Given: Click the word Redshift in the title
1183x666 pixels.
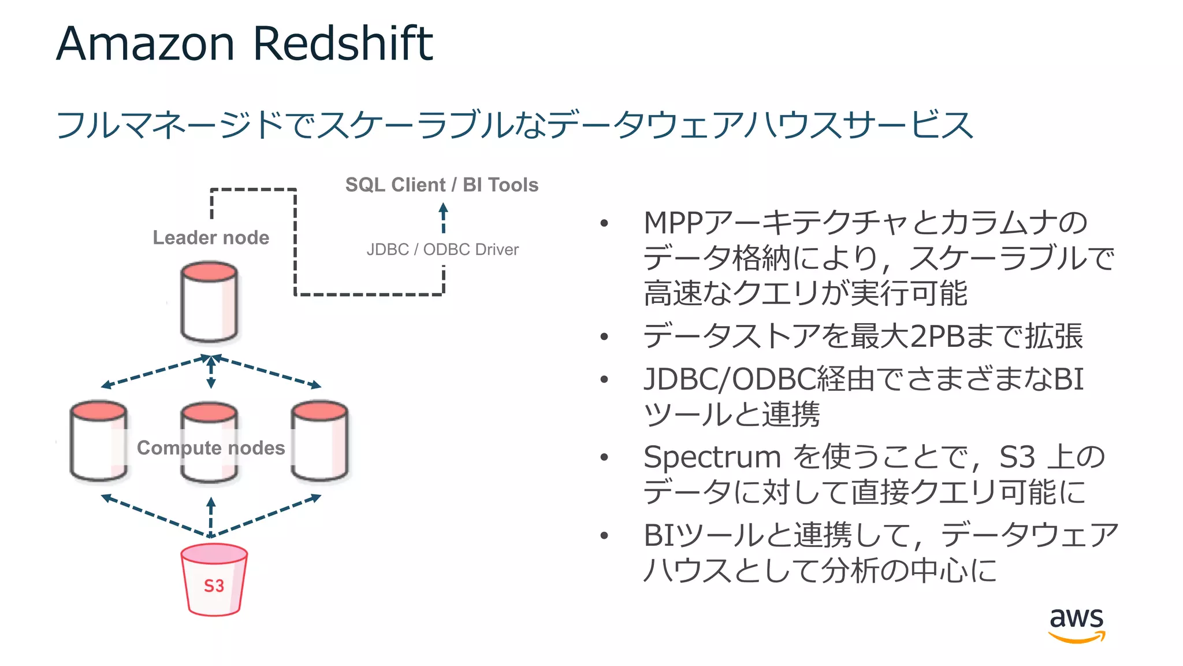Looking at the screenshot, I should (x=343, y=43).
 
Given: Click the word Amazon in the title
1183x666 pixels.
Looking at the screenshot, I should (x=145, y=43).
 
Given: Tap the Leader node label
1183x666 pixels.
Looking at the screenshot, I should (x=211, y=238).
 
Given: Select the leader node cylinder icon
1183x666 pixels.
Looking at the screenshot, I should (x=209, y=302).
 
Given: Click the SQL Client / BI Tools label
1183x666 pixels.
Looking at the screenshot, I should (x=442, y=185).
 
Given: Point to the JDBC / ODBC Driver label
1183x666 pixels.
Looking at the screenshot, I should (x=442, y=250).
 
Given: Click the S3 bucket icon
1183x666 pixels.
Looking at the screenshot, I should (x=214, y=580).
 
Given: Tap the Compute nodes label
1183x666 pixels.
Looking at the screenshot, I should (x=211, y=447).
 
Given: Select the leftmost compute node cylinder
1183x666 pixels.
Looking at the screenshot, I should (x=98, y=441).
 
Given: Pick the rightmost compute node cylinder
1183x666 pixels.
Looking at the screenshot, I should (x=319, y=441).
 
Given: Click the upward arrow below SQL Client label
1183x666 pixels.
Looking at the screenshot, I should (x=443, y=217).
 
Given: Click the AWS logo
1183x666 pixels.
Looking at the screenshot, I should (x=1076, y=624).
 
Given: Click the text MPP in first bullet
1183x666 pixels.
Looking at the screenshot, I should (x=674, y=223).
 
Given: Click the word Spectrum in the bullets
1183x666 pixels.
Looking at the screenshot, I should (x=712, y=457).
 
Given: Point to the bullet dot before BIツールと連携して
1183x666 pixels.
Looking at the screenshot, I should (x=604, y=535).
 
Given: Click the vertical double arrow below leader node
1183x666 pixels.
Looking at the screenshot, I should (x=211, y=372).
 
